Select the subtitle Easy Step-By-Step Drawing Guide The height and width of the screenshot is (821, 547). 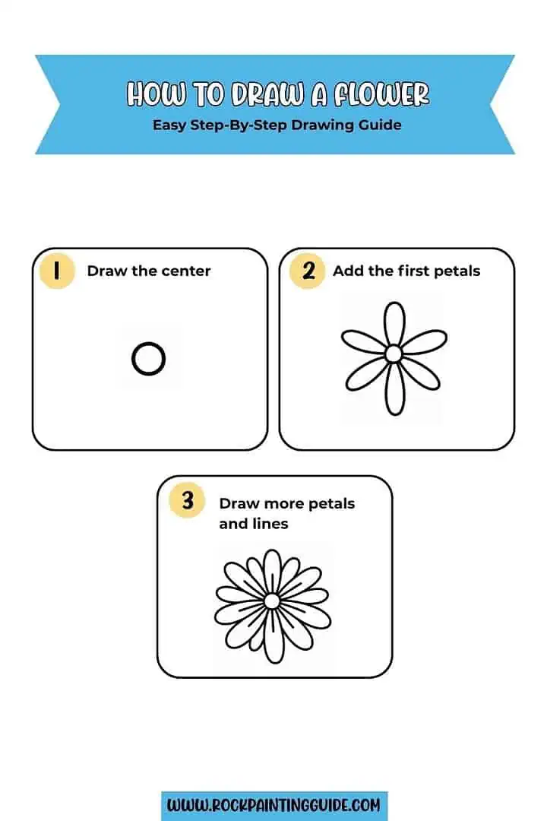[277, 124]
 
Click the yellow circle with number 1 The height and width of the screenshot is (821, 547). [56, 271]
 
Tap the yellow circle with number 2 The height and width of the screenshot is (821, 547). [308, 271]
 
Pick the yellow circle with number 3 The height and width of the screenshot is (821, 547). [187, 501]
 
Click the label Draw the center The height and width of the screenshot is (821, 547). [149, 271]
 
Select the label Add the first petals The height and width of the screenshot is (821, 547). [406, 271]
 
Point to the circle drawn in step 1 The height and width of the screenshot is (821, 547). [148, 358]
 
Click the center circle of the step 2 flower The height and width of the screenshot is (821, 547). [394, 354]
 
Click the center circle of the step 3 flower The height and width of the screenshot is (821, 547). [272, 601]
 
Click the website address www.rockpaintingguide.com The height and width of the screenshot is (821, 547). [274, 805]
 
